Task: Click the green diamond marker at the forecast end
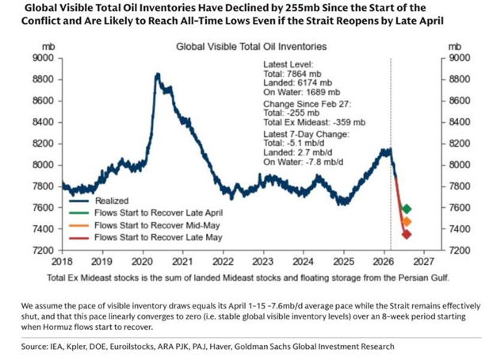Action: (407, 209)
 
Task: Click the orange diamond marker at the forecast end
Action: (407, 222)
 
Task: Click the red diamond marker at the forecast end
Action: (407, 234)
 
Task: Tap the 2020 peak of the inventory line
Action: (158, 75)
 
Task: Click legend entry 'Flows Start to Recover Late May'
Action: (152, 237)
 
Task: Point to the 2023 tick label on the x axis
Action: (262, 260)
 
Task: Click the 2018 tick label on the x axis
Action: (62, 260)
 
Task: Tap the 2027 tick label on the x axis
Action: (422, 260)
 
